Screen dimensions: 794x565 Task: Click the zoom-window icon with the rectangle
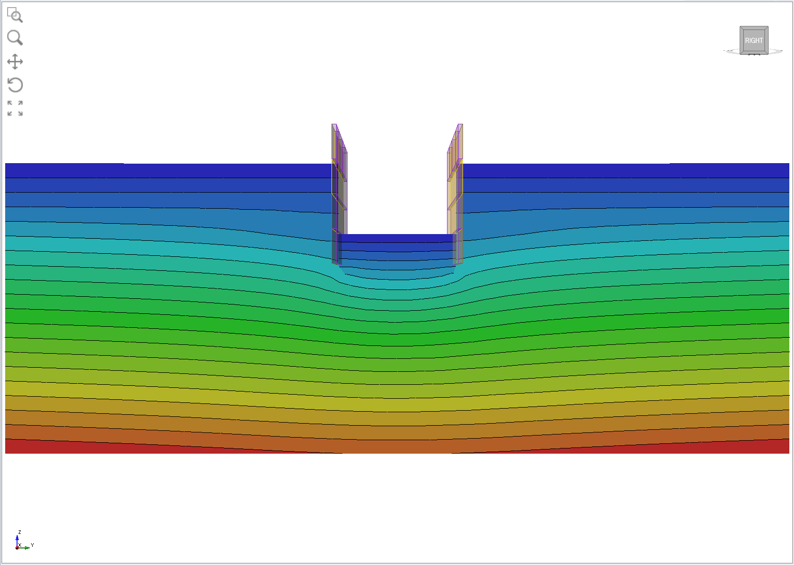coord(15,15)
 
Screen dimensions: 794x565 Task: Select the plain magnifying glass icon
coord(15,38)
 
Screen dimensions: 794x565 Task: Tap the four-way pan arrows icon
coord(15,61)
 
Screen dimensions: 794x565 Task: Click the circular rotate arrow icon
coord(15,85)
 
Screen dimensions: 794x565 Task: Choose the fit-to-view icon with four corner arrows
coord(15,108)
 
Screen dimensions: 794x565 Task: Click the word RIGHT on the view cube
coord(754,40)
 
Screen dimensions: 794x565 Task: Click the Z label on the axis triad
coord(20,532)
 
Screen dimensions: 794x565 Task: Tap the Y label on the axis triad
coord(32,545)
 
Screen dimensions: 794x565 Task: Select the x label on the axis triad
coord(20,545)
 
